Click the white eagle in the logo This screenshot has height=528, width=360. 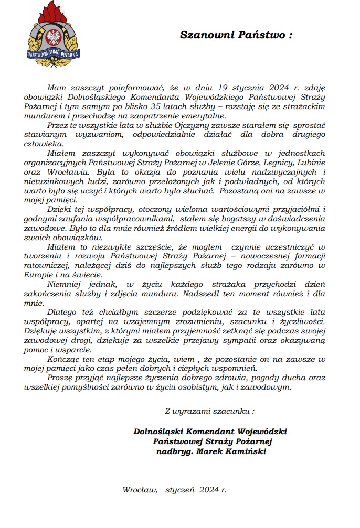click(52, 37)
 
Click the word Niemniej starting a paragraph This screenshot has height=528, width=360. click(67, 284)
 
